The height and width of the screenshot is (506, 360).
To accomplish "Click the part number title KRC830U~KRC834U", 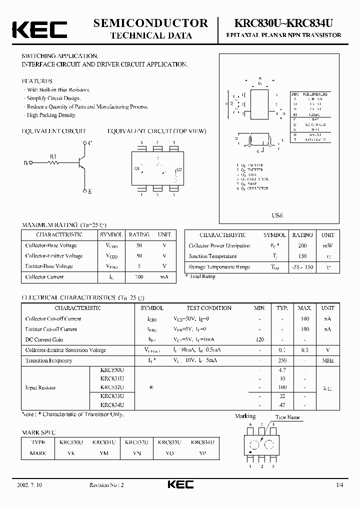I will (283, 23).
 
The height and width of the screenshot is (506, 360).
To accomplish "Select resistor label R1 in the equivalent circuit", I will (54, 156).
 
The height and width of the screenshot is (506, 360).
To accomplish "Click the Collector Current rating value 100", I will (139, 277).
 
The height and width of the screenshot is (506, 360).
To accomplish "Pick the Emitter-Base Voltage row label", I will (49, 266).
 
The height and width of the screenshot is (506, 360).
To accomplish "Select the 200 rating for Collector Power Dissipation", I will (302, 245).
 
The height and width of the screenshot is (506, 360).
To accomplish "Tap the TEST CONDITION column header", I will (209, 308).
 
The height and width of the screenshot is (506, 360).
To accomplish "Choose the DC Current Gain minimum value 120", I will (259, 339).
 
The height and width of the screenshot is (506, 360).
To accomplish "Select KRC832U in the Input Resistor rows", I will (112, 387).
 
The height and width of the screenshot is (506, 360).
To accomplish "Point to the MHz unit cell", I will (328, 360).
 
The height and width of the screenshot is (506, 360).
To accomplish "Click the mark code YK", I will (71, 453).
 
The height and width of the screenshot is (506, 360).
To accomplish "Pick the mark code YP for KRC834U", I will (202, 453).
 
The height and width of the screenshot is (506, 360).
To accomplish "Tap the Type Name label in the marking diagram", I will (287, 417).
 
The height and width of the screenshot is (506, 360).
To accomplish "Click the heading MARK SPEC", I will (39, 432).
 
